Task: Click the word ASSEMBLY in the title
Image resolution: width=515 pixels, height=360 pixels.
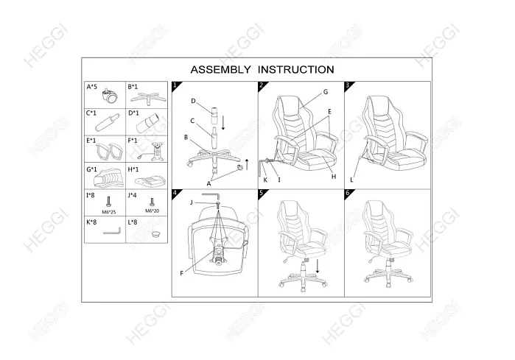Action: pyautogui.click(x=220, y=70)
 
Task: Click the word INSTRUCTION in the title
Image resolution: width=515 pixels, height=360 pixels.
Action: pyautogui.click(x=296, y=70)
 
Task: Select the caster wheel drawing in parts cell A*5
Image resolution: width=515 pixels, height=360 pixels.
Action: pyautogui.click(x=110, y=96)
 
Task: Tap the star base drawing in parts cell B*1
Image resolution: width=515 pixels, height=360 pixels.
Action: pyautogui.click(x=148, y=98)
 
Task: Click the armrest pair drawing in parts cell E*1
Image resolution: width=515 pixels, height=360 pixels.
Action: pyautogui.click(x=109, y=151)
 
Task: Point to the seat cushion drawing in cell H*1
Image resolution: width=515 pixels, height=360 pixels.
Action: pyautogui.click(x=150, y=180)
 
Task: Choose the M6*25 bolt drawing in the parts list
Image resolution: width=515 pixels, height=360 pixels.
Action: pyautogui.click(x=109, y=202)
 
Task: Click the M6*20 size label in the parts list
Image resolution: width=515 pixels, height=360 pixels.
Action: pyautogui.click(x=152, y=211)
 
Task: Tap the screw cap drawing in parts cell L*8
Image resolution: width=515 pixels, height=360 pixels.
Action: pyautogui.click(x=156, y=234)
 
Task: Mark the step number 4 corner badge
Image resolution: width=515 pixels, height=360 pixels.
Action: pyautogui.click(x=175, y=193)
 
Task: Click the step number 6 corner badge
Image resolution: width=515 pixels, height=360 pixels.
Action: pyautogui.click(x=348, y=193)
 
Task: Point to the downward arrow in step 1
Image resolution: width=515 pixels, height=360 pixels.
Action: pyautogui.click(x=223, y=122)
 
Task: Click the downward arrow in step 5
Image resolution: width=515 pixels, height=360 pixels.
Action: pyautogui.click(x=318, y=267)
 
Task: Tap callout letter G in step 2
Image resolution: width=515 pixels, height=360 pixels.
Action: pyautogui.click(x=326, y=92)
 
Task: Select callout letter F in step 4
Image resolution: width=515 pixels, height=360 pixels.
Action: pyautogui.click(x=182, y=273)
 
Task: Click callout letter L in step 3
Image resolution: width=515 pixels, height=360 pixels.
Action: pyautogui.click(x=351, y=180)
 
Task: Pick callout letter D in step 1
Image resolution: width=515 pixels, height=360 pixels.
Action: pyautogui.click(x=194, y=101)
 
